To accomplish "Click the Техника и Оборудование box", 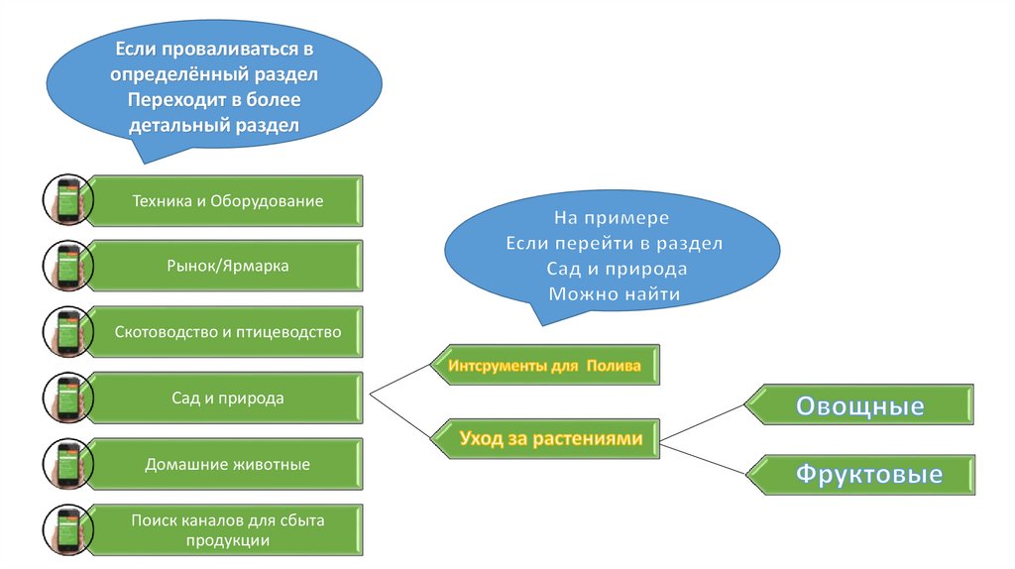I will pos(228,201).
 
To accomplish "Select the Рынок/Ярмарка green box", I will pos(228,266).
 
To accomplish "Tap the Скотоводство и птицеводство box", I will pos(228,332).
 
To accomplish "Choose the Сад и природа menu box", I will pos(228,398).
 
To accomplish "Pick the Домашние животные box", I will pos(228,464).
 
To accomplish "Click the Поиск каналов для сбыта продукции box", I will pos(228,529).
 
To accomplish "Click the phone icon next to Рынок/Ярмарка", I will pos(67,266).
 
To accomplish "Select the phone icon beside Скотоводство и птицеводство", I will pos(67,332).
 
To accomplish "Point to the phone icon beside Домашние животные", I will pos(67,464).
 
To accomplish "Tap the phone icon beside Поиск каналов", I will pos(67,529).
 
